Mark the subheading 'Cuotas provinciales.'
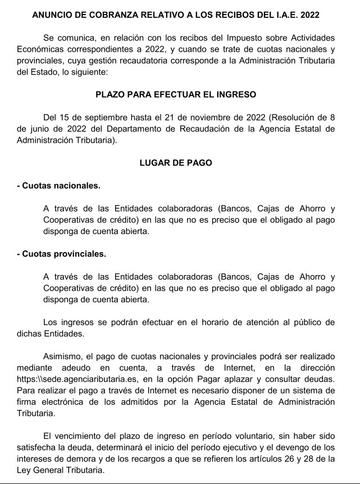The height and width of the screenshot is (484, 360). [61, 254]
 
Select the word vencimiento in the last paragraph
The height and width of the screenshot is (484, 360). [78, 436]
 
